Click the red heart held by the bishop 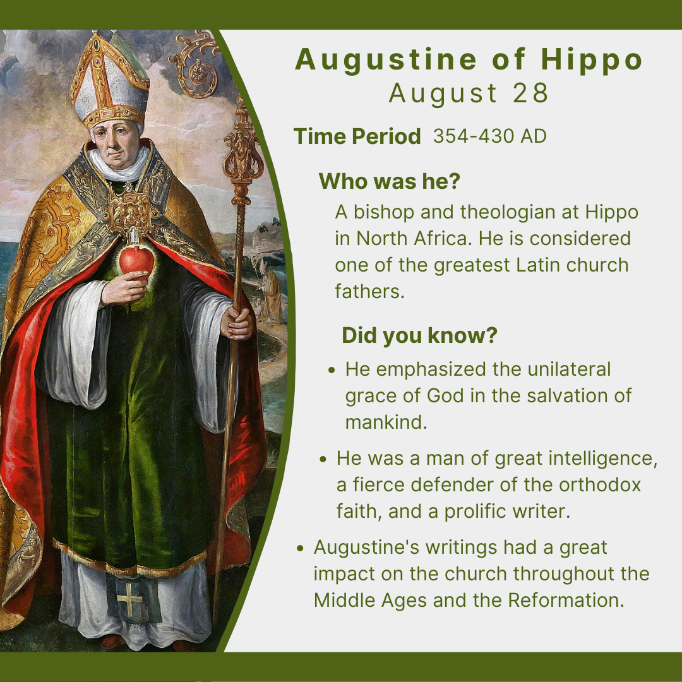(136, 261)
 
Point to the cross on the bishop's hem (129, 599)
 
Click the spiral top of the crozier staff (196, 64)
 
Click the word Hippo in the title (592, 59)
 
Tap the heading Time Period (357, 136)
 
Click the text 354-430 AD (490, 136)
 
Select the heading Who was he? (389, 181)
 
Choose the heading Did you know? (419, 335)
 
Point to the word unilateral (569, 369)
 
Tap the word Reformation (566, 601)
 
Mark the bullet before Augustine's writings (300, 549)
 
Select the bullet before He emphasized (332, 371)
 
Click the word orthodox (600, 485)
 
